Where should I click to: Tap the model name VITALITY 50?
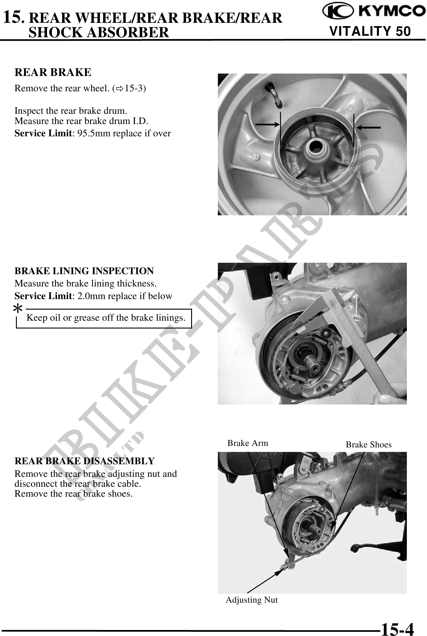(x=370, y=31)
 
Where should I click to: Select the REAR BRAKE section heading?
(x=53, y=72)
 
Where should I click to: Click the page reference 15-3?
(x=134, y=89)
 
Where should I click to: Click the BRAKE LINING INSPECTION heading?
(x=84, y=271)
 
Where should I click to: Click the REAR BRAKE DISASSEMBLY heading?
(x=85, y=461)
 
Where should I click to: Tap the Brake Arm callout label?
(x=248, y=443)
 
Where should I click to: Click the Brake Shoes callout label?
(x=369, y=445)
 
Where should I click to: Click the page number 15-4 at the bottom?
(x=397, y=629)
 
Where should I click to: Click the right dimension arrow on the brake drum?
(x=368, y=127)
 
